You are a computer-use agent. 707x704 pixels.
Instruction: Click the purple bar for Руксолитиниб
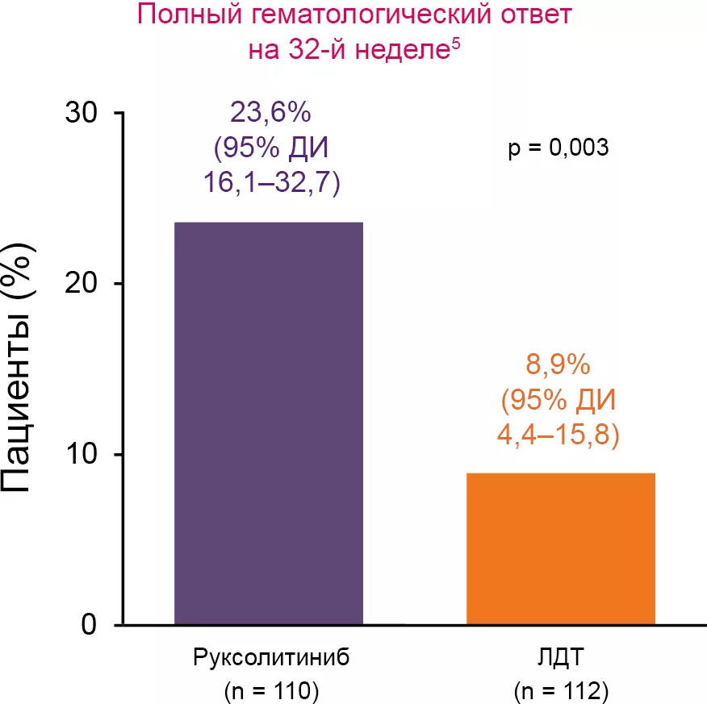[269, 423]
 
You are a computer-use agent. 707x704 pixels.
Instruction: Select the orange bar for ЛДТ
[560, 548]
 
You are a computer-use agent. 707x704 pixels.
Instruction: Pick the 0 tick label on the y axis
[90, 625]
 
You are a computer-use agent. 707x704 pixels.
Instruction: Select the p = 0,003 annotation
[558, 148]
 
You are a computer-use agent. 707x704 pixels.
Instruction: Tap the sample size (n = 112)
[560, 690]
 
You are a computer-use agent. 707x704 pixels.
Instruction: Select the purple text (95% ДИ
[270, 149]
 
